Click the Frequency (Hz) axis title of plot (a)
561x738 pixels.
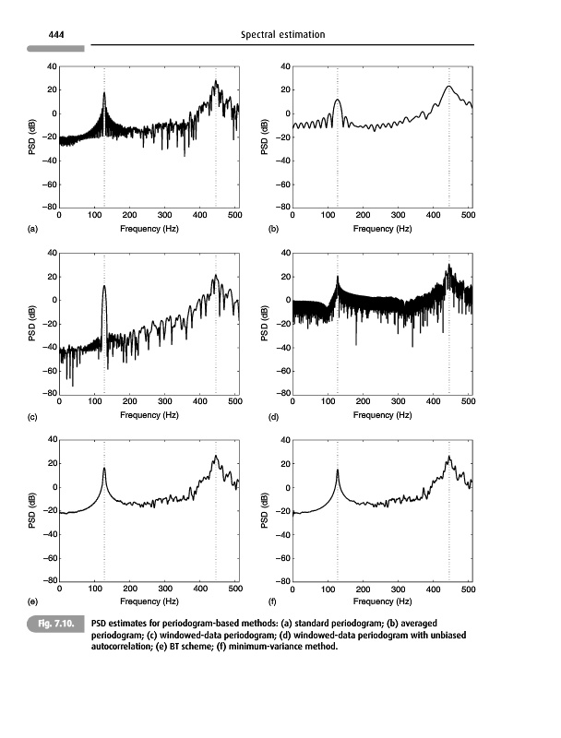tap(148, 228)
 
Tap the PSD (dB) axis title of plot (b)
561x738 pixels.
tap(267, 137)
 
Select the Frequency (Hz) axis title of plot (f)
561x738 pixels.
tap(381, 601)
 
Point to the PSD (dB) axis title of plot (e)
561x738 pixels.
tap(34, 510)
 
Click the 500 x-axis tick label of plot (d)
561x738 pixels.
tap(468, 402)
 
